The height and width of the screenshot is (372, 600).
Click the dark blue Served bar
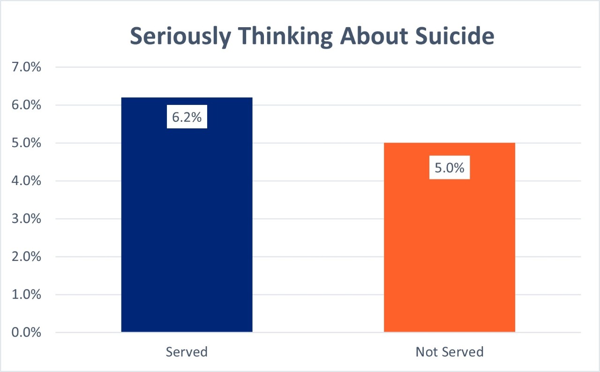[187, 225]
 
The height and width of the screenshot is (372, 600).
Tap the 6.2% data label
[187, 117]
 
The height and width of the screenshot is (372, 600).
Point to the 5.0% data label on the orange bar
[449, 168]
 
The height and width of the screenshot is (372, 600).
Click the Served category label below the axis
[187, 351]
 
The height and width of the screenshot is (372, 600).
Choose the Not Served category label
[449, 351]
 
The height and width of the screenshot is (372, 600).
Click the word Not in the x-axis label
[426, 351]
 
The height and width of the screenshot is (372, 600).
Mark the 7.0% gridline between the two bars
[318, 67]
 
